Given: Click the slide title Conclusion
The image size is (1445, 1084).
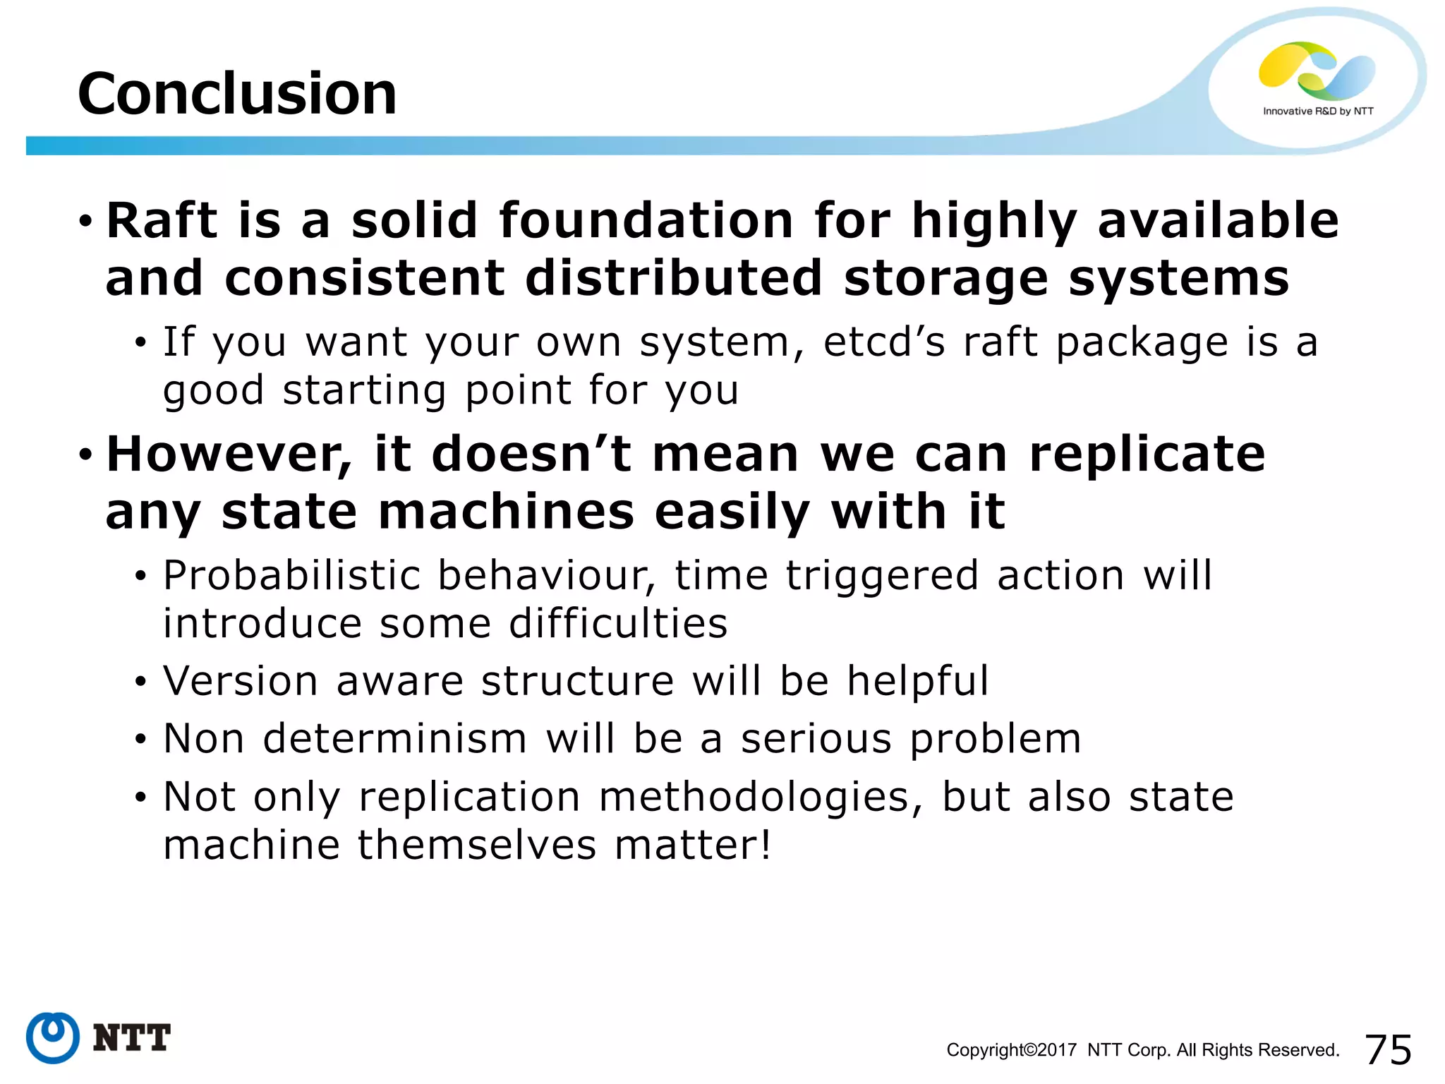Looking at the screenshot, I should [x=237, y=94].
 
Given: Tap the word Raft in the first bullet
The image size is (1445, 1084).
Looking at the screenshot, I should [x=162, y=220].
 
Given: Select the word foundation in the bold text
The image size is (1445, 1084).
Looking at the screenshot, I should [x=646, y=220].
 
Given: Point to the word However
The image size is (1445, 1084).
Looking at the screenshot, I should [x=227, y=454].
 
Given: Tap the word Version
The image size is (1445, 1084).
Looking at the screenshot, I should [x=241, y=681].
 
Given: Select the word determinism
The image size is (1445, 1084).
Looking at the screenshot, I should [x=394, y=739].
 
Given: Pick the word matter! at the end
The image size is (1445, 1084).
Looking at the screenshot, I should [x=692, y=845].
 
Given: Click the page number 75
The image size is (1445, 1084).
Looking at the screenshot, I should [x=1388, y=1049].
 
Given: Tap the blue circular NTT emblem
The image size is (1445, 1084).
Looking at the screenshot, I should [x=53, y=1037].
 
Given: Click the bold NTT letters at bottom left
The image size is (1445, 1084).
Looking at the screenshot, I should [x=132, y=1038].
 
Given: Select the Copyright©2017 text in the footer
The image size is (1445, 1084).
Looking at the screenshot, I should [x=1011, y=1050].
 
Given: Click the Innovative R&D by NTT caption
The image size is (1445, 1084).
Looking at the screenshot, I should [x=1317, y=112].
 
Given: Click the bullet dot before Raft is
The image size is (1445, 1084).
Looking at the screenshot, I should [x=85, y=222].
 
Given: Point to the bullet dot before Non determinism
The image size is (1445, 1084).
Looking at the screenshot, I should [x=141, y=740].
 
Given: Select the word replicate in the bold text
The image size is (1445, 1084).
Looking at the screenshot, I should [x=1147, y=454].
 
